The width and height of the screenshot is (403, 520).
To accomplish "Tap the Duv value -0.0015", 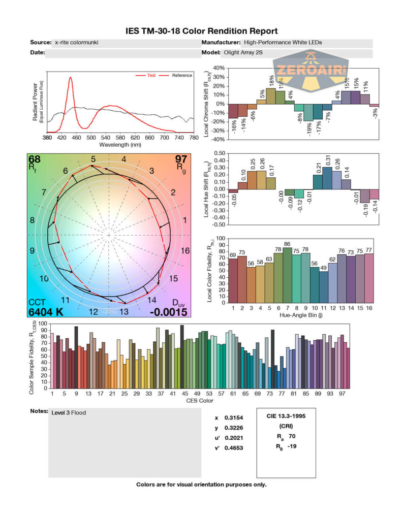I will [168, 311].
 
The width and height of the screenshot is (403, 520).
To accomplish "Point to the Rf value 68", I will [35, 160].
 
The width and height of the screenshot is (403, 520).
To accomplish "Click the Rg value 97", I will [181, 160].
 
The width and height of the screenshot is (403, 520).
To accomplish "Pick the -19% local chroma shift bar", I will [308, 112].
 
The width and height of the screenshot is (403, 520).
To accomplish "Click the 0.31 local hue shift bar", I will [327, 178].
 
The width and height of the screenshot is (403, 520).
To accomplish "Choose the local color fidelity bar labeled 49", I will [323, 287].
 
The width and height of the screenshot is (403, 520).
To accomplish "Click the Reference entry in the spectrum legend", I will [181, 76].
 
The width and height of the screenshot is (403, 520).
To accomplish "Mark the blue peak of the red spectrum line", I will [70, 76].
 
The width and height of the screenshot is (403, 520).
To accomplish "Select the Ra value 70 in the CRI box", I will [291, 436].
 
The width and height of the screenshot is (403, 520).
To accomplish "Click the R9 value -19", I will [292, 446].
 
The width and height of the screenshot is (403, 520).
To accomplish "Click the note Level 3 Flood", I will [69, 413].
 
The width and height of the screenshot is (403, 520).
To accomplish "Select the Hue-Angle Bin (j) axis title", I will [299, 315].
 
